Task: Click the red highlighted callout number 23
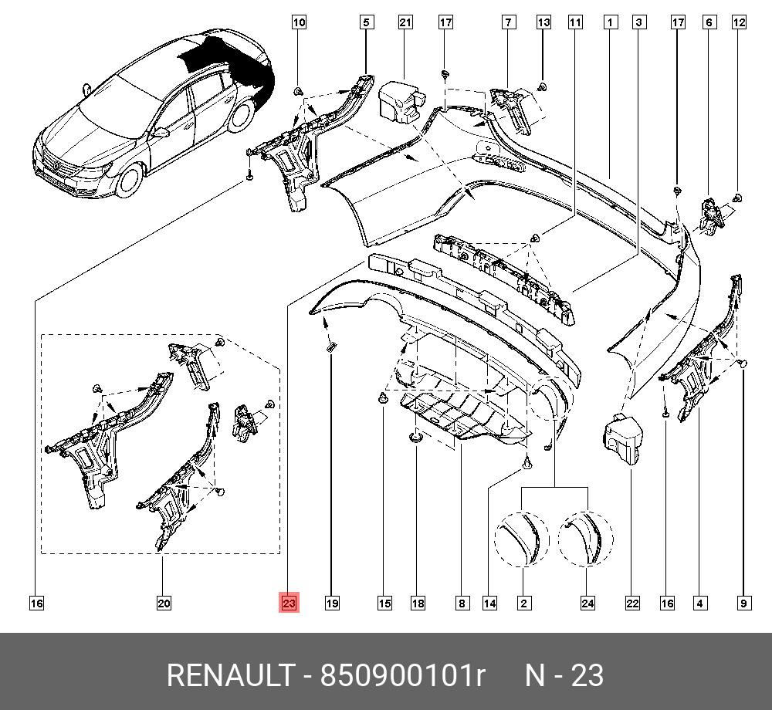pyautogui.click(x=289, y=603)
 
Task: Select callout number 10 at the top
pyautogui.click(x=299, y=23)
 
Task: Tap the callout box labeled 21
pyautogui.click(x=405, y=23)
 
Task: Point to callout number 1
pyautogui.click(x=610, y=23)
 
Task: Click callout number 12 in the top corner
pyautogui.click(x=739, y=23)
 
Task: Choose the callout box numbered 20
pyautogui.click(x=164, y=603)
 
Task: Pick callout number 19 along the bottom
pyautogui.click(x=332, y=603)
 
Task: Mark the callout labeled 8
pyautogui.click(x=461, y=603)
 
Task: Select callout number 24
pyautogui.click(x=587, y=603)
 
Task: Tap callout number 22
pyautogui.click(x=632, y=603)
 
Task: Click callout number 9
pyautogui.click(x=743, y=603)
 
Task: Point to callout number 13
pyautogui.click(x=543, y=23)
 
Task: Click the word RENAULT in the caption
pyautogui.click(x=229, y=676)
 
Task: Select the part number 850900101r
pyautogui.click(x=402, y=676)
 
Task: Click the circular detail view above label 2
pyautogui.click(x=521, y=538)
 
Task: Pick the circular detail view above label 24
pyautogui.click(x=585, y=538)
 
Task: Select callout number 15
pyautogui.click(x=384, y=603)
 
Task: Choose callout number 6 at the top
pyautogui.click(x=708, y=23)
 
